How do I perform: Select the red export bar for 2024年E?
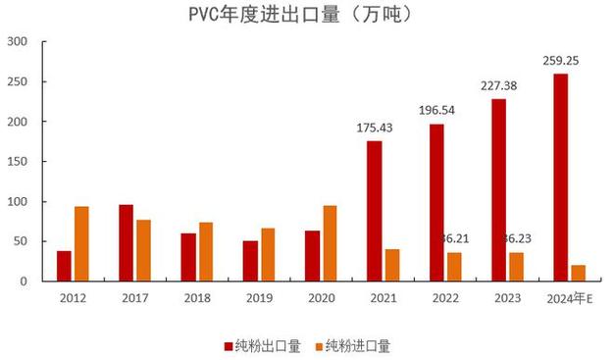[x=561, y=178]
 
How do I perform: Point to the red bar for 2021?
[x=375, y=211]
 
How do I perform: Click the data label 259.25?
[x=561, y=61]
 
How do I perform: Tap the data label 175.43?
[x=375, y=128]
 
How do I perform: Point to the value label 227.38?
[x=499, y=85]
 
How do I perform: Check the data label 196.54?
[x=436, y=110]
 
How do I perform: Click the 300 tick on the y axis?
[x=18, y=42]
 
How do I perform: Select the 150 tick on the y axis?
[x=18, y=162]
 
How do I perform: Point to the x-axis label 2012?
[x=74, y=296]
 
